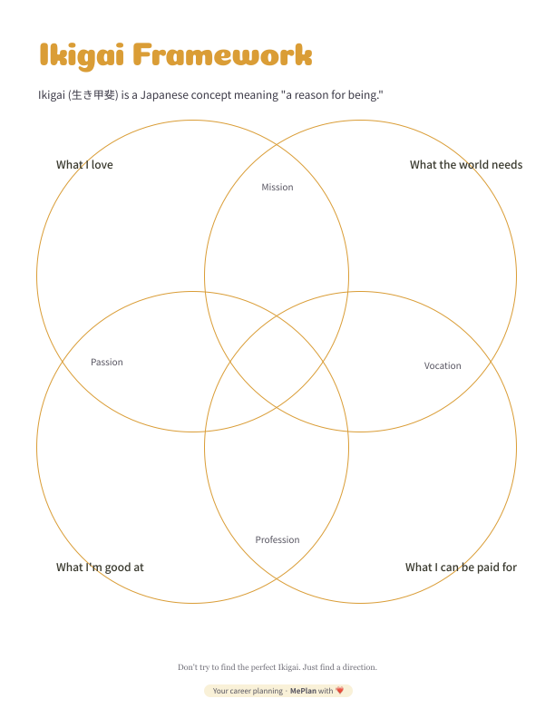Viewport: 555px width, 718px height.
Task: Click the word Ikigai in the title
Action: (82, 56)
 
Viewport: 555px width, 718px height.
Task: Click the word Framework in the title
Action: (222, 54)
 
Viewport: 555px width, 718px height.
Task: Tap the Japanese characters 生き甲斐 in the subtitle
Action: (93, 95)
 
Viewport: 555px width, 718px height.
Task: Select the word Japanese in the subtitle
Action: (164, 95)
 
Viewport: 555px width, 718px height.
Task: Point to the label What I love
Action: (84, 165)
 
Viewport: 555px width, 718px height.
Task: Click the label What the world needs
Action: (466, 165)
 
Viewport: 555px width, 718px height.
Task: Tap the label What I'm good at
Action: (100, 568)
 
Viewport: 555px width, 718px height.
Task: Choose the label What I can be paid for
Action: (461, 568)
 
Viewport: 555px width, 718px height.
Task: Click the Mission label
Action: (277, 187)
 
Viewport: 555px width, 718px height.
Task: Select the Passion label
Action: (107, 363)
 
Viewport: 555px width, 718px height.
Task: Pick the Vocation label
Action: (443, 366)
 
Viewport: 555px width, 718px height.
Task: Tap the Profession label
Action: (277, 540)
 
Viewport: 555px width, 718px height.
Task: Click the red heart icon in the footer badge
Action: (340, 691)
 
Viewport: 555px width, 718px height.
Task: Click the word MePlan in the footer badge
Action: (303, 691)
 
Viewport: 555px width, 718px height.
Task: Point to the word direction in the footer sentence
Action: (359, 667)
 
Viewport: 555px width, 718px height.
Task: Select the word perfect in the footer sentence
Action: (263, 667)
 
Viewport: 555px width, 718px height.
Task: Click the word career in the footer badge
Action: (239, 691)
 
